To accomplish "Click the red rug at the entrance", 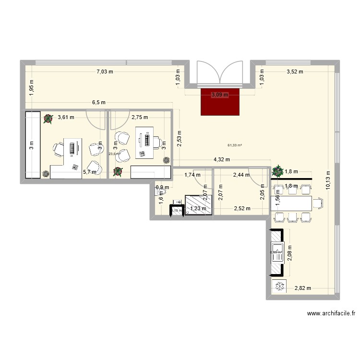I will point(220,102).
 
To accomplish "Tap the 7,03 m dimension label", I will point(105,72).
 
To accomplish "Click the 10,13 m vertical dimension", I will point(328,181).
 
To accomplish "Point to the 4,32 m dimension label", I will point(222,159).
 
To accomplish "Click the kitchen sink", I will point(276,254).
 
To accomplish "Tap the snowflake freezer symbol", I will point(278,287).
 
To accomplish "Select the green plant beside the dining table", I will point(277,171).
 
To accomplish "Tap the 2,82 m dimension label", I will point(302,288).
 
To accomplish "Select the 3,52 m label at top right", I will point(295,72).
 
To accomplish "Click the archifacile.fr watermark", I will point(331,314).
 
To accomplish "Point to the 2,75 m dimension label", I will point(140,117).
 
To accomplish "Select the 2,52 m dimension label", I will point(242,208).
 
